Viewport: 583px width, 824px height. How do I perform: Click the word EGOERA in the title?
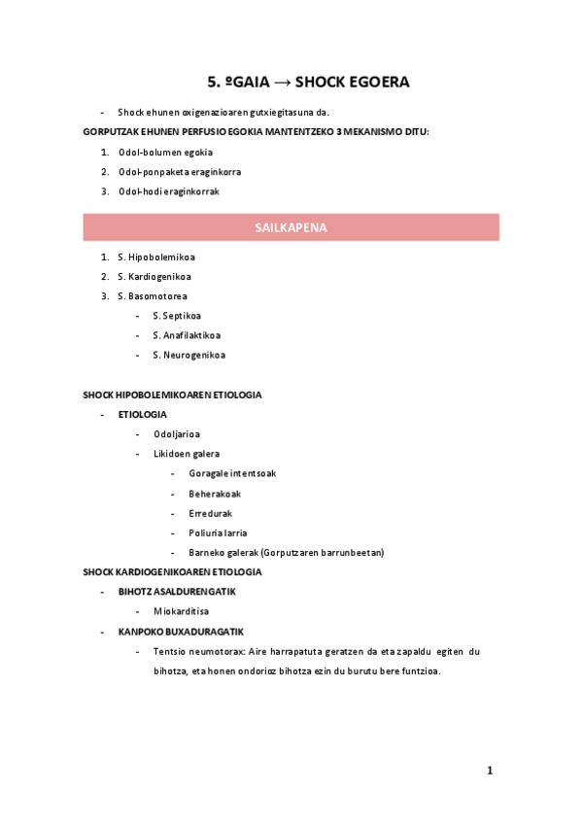[x=374, y=83]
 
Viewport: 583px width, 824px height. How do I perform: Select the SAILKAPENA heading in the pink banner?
[x=291, y=227]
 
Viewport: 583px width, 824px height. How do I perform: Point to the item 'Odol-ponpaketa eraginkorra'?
[x=180, y=172]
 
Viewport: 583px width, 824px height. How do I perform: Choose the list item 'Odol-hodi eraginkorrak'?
[x=169, y=191]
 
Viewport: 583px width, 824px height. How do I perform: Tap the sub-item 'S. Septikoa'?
[x=177, y=316]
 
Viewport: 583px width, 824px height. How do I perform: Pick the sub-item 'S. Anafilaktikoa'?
[x=185, y=335]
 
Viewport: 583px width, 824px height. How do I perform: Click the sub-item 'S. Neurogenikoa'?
[x=189, y=355]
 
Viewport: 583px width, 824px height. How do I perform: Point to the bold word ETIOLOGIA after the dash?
[x=143, y=415]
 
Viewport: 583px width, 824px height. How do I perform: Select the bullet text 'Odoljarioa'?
[x=177, y=434]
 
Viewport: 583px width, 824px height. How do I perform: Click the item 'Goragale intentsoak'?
[x=232, y=474]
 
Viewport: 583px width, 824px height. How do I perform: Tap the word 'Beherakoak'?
[x=215, y=494]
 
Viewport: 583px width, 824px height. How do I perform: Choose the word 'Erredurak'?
[x=211, y=513]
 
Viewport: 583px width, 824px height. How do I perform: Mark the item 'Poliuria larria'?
[x=218, y=532]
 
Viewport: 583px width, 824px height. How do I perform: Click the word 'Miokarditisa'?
[x=182, y=611]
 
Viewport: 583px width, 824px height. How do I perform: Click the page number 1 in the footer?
[x=491, y=771]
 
